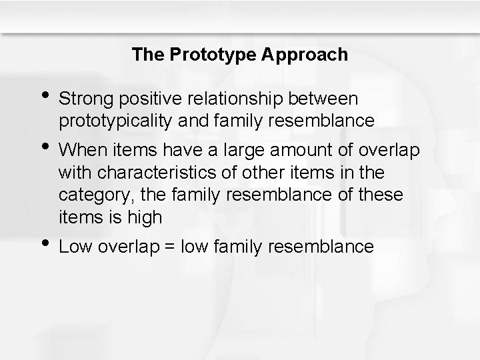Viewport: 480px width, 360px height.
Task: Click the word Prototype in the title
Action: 203,55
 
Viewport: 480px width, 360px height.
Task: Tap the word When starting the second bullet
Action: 79,150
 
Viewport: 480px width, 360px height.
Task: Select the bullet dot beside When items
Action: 45,145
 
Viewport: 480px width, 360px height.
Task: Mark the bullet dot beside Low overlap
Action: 45,242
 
